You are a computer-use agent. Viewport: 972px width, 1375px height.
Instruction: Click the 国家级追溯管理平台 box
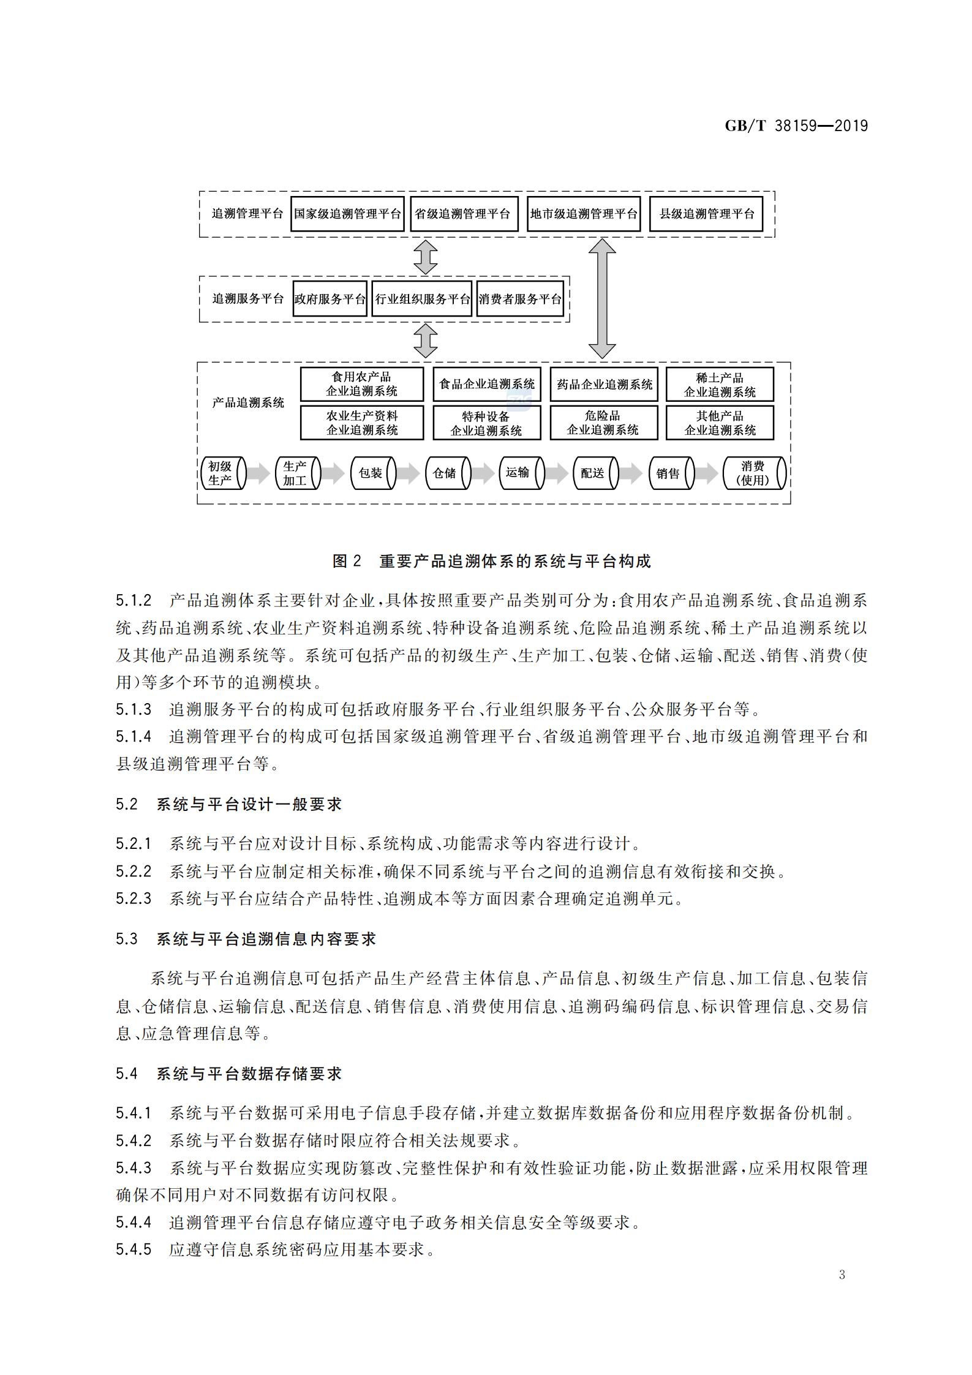[347, 214]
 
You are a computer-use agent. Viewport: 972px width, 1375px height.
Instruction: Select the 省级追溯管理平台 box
[464, 214]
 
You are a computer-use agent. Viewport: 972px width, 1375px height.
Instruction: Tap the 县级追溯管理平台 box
[706, 214]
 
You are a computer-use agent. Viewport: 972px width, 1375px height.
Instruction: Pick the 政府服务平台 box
[330, 299]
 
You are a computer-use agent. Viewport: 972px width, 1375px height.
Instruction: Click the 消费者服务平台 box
[520, 299]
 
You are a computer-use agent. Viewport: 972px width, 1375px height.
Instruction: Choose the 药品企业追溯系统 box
[604, 385]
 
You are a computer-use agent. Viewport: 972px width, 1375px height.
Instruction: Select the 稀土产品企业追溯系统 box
[720, 385]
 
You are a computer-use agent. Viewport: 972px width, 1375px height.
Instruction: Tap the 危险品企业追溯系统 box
[604, 423]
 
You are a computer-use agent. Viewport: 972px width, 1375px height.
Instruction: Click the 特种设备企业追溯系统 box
[487, 423]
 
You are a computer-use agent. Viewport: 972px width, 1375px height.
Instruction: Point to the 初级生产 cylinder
[223, 473]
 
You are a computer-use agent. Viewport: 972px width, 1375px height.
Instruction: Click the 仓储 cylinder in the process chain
[448, 473]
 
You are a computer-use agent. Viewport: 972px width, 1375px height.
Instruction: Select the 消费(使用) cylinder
[755, 473]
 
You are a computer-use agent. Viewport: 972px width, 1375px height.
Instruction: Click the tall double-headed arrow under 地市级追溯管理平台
[602, 298]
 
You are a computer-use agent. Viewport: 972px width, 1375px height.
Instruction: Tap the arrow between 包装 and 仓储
[407, 473]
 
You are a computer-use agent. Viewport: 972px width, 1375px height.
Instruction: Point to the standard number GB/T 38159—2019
[796, 126]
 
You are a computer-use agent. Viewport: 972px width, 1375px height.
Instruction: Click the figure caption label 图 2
[347, 561]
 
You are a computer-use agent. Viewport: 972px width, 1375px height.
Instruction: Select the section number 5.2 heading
[127, 804]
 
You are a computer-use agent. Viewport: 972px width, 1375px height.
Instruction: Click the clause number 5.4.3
[134, 1168]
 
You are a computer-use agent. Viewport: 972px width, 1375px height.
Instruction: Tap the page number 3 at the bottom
[842, 1275]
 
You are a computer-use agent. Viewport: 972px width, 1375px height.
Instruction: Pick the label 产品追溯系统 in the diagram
[248, 402]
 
